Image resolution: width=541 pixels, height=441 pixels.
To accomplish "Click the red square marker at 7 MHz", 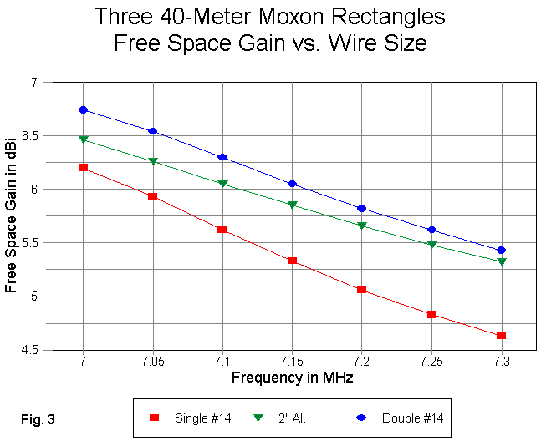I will (x=83, y=167).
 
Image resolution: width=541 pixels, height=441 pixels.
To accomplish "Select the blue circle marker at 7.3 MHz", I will (x=501, y=250).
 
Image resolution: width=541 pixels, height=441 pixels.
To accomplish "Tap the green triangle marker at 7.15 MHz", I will (x=292, y=205).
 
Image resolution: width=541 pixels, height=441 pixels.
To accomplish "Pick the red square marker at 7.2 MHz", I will (x=361, y=290).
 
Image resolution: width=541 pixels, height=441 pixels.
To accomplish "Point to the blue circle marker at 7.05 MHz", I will (x=152, y=131).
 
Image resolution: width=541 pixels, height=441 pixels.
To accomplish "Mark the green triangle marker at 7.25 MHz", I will (x=431, y=245).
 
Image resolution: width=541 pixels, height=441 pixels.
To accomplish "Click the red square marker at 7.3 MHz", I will (x=501, y=336).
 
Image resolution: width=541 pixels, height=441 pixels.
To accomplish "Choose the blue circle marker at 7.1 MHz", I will (x=222, y=157).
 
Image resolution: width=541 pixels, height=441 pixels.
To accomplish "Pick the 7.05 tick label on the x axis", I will (x=152, y=362).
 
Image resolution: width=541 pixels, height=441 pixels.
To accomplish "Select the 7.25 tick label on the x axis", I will (x=431, y=362).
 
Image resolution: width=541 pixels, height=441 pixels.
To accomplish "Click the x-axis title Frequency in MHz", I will (x=292, y=378).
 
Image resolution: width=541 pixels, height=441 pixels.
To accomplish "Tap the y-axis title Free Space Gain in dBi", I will (x=11, y=215).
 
